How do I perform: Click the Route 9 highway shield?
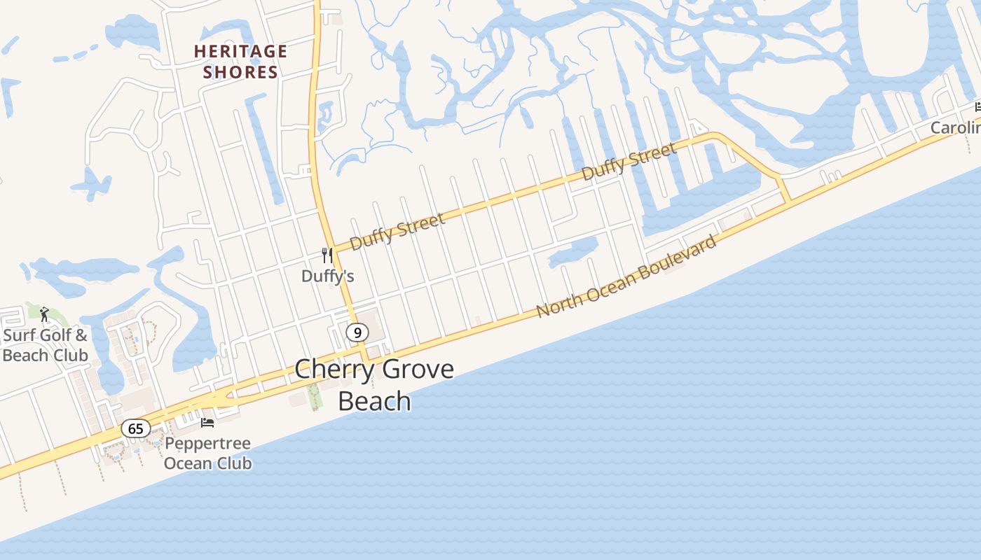point(357,332)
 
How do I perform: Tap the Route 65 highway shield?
point(135,428)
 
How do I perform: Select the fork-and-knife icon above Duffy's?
point(327,255)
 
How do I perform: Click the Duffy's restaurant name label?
point(327,276)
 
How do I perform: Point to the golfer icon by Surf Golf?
point(44,314)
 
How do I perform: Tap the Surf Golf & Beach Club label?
point(45,345)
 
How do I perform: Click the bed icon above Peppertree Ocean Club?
point(207,422)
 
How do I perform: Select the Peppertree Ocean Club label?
point(207,454)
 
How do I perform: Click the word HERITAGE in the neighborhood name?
point(240,51)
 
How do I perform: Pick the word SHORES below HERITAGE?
point(240,72)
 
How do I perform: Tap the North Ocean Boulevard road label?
point(627,276)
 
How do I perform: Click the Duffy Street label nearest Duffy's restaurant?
point(397,232)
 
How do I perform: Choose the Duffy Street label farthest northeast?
point(629,161)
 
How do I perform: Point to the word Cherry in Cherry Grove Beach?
point(333,370)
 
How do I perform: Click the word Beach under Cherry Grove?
point(374,401)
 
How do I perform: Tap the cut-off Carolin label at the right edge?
point(956,128)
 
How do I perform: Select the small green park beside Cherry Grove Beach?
point(313,395)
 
